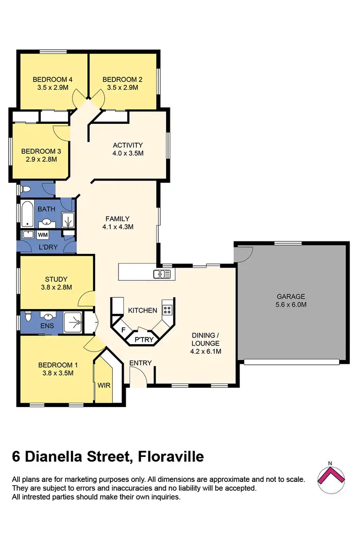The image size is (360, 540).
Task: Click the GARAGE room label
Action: [291, 297]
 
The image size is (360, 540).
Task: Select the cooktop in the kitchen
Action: [167, 309]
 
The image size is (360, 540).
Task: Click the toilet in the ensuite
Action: [28, 317]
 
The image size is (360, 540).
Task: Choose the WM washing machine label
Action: [42, 235]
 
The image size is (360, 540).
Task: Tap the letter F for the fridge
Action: [123, 330]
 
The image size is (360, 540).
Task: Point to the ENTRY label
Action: [141, 363]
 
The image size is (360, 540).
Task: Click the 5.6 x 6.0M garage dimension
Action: [291, 305]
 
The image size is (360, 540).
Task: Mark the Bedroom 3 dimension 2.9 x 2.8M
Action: [39, 159]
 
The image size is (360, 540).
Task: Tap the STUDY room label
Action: [56, 279]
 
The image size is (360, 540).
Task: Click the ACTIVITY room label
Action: [128, 145]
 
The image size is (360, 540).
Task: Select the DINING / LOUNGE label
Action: [205, 339]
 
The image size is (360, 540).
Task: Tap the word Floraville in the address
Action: [170, 456]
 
